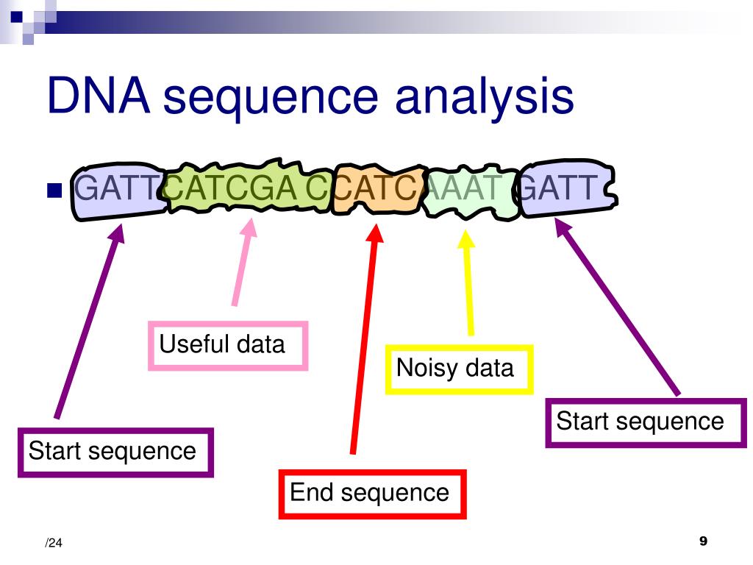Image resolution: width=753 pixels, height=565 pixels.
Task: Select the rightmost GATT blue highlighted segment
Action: pos(563,190)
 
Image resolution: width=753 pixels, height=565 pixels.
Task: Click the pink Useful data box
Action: pos(227,345)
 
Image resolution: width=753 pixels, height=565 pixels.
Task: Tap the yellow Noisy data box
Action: pos(459,369)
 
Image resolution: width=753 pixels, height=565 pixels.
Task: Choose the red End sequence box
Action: pos(372,493)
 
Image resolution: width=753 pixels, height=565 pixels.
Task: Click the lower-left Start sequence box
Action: pos(115,452)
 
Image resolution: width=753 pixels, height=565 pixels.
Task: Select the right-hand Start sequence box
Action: pos(646,422)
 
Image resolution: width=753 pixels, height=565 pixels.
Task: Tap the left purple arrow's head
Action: pos(119,229)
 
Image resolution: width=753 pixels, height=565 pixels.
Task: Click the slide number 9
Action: pos(702,541)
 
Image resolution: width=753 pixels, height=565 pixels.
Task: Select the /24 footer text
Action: pos(53,544)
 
